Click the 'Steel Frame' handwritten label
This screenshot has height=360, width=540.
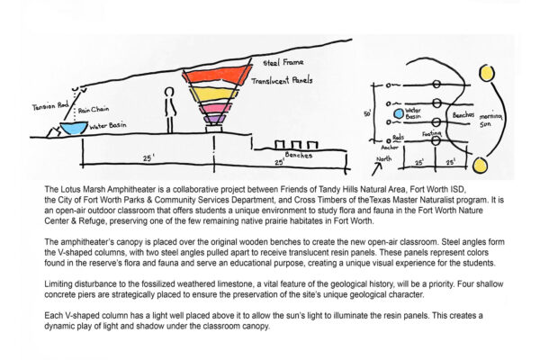pyautogui.click(x=282, y=64)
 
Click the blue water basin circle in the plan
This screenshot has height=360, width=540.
pyautogui.click(x=397, y=114)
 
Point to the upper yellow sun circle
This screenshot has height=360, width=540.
pyautogui.click(x=487, y=71)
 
